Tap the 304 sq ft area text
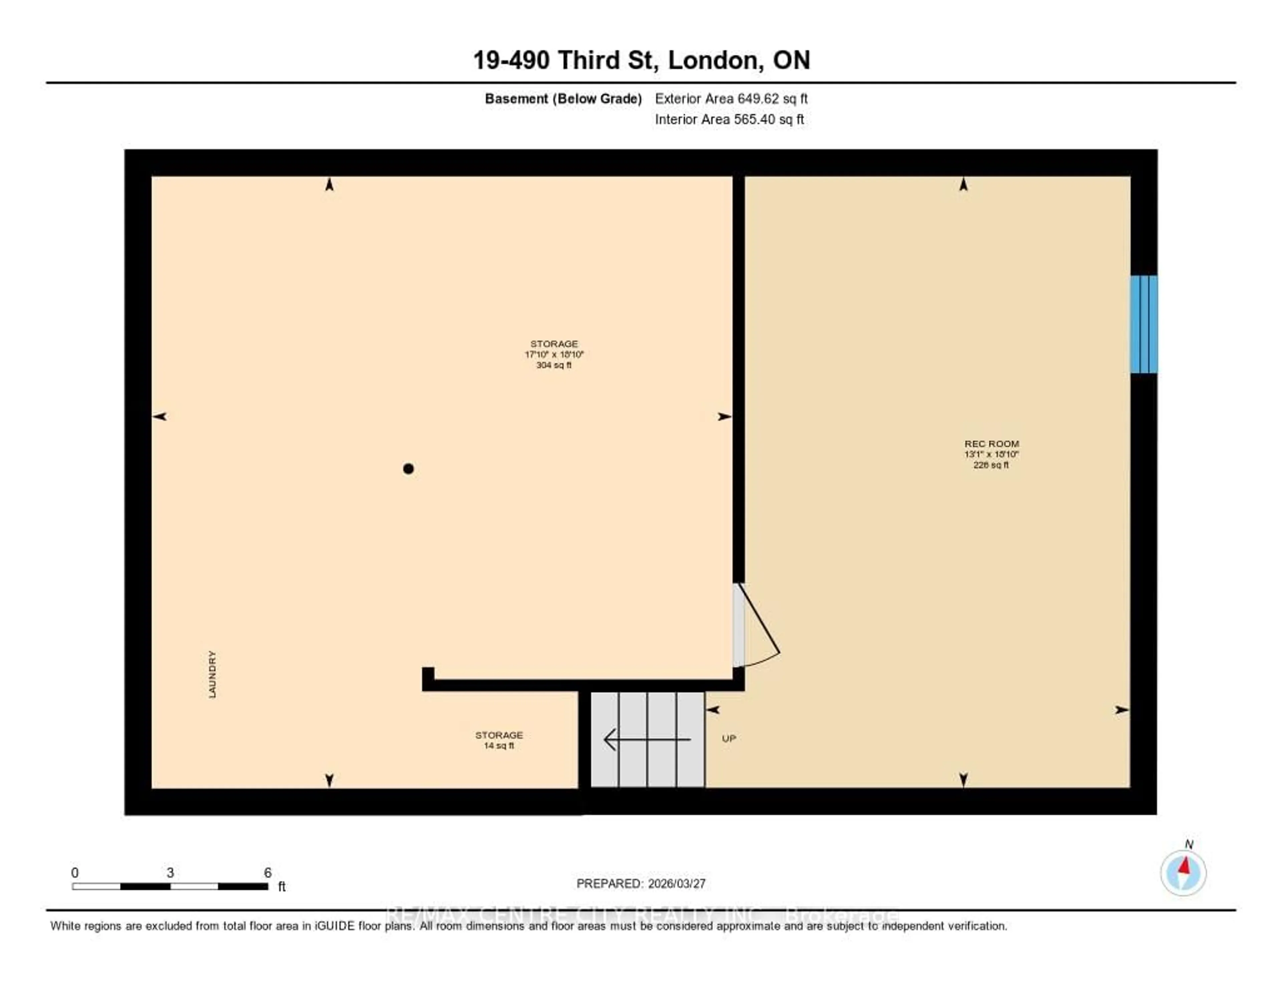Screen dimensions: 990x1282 click(x=554, y=365)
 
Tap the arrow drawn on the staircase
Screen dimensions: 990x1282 click(x=646, y=739)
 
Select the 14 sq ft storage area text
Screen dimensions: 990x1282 click(x=498, y=746)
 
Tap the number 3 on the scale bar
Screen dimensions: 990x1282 click(x=170, y=873)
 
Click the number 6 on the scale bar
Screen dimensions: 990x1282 click(x=268, y=873)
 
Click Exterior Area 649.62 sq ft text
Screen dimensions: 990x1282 click(x=731, y=98)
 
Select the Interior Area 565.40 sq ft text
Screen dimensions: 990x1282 click(x=729, y=120)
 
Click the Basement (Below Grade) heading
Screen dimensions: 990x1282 click(x=563, y=98)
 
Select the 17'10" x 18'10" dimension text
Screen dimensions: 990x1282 click(x=554, y=354)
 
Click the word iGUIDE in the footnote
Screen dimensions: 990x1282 click(x=335, y=926)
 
